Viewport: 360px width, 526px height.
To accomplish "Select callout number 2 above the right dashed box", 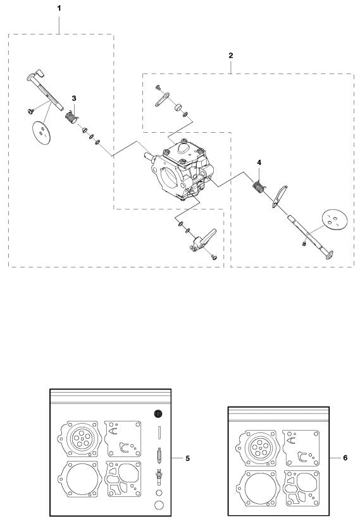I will tap(230, 56).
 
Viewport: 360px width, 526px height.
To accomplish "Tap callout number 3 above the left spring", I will tap(74, 99).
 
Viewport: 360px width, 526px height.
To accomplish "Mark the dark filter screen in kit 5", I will tap(159, 414).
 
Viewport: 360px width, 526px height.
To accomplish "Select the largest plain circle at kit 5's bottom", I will tap(159, 505).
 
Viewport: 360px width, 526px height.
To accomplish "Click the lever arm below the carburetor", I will tap(202, 241).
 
